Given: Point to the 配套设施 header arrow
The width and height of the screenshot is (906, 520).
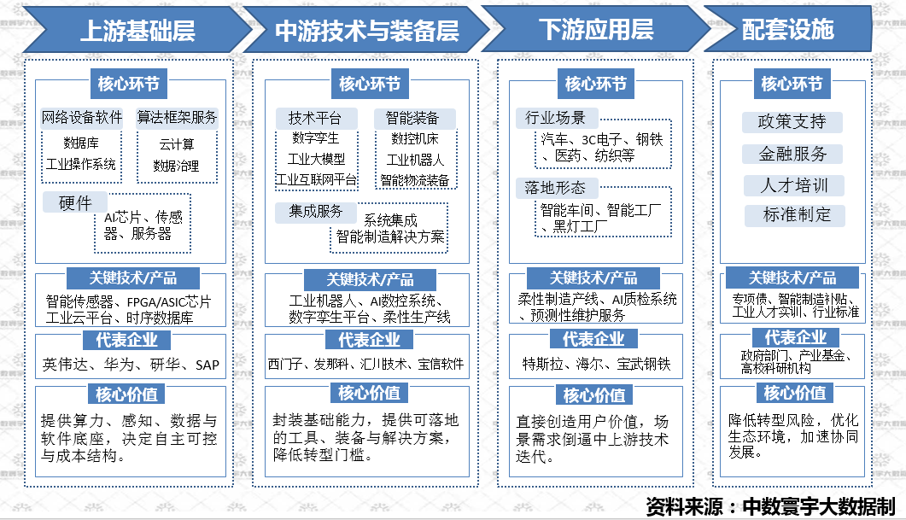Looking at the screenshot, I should pos(787,30).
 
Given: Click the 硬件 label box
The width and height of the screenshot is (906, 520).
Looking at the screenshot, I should pos(75,203).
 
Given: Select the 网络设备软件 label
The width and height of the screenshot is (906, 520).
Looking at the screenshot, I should pos(82,117).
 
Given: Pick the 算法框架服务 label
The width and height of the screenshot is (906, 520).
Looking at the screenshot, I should pos(178,117).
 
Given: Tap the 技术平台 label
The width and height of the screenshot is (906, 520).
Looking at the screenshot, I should pos(314,118).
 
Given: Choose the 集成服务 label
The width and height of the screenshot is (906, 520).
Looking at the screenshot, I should pos(316,211).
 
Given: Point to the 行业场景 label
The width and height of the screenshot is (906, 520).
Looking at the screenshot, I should pos(549,118).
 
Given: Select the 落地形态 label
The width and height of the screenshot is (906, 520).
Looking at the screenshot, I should pos(549,188).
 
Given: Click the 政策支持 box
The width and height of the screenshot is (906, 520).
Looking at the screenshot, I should pos(792,122).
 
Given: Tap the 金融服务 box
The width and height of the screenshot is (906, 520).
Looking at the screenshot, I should pos(792,155).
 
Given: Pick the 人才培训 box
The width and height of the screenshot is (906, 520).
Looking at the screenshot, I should pos(792,185).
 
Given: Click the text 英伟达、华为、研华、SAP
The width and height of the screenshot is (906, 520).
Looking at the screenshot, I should pos(132,365).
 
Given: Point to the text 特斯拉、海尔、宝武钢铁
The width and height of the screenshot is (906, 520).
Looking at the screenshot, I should pos(597,365).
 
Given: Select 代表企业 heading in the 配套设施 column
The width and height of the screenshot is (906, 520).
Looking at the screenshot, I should pos(795,337).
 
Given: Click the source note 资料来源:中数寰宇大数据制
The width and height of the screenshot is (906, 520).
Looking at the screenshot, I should pos(770,504).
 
